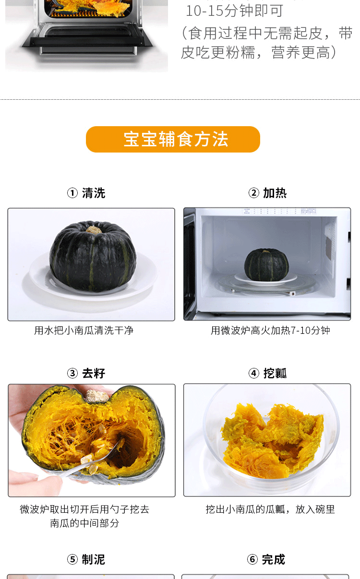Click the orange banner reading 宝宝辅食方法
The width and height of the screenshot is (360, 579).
click(x=173, y=139)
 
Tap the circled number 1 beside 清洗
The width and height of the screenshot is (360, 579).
click(x=72, y=193)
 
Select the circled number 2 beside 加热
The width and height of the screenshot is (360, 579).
click(x=254, y=193)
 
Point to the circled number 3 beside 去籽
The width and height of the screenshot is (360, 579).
click(x=72, y=373)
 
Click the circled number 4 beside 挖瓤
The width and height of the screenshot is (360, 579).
click(x=254, y=373)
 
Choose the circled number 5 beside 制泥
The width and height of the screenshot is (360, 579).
click(x=72, y=560)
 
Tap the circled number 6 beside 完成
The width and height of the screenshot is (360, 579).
click(x=252, y=560)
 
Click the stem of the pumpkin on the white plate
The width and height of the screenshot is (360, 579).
click(x=94, y=229)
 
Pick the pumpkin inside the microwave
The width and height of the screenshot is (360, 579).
click(x=266, y=265)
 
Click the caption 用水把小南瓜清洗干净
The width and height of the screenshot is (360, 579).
click(x=84, y=331)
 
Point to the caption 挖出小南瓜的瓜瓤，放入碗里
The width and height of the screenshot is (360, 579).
click(x=270, y=509)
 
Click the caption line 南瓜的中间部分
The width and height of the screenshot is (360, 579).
click(x=84, y=523)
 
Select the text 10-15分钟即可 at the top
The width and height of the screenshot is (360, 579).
click(x=234, y=11)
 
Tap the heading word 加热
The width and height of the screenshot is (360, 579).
click(x=275, y=193)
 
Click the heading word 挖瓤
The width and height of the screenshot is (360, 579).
click(x=275, y=373)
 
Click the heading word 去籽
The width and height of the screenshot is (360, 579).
click(x=94, y=373)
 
